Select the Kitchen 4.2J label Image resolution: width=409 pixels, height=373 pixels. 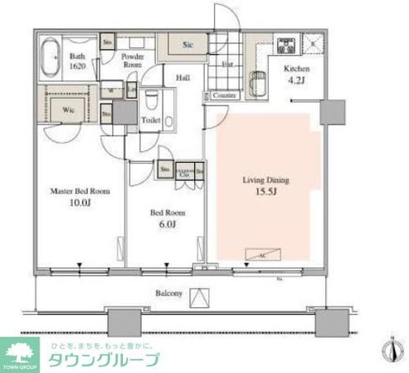point(296,76)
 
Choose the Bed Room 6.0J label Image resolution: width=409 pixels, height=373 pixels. point(167,218)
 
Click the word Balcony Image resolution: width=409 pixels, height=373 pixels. point(170,293)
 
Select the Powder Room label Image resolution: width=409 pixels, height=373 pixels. point(134,59)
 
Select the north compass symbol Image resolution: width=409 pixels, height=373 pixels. point(389,350)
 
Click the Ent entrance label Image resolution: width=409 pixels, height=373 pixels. point(226,64)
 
